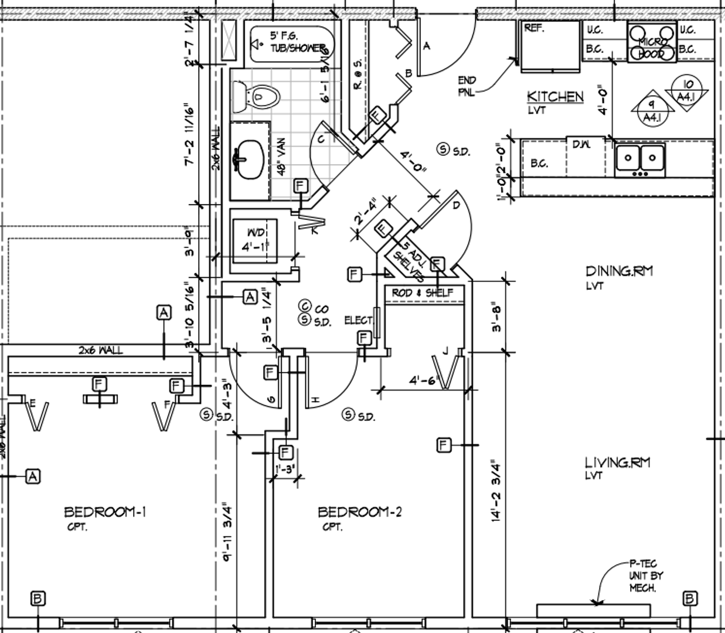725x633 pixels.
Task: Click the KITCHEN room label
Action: coord(554,97)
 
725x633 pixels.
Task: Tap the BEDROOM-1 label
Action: coord(105,512)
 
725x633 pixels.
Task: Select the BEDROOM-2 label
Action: coord(359,512)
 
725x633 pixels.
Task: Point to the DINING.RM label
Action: coord(619,271)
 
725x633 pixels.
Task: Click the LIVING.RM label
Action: coord(617,462)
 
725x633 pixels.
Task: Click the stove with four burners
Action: coord(651,42)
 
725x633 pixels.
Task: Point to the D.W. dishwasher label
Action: coord(581,144)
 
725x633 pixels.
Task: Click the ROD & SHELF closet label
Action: coord(422,292)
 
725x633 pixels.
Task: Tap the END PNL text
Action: coord(467,86)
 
